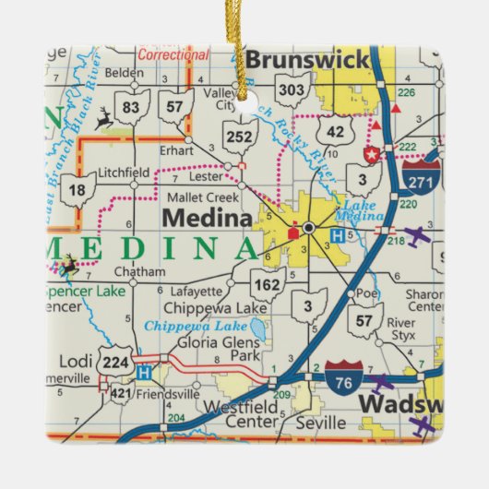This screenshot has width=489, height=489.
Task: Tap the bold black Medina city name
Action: tap(208, 219)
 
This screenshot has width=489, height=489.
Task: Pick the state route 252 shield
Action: tap(240, 136)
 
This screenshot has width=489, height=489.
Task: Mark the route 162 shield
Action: tap(268, 284)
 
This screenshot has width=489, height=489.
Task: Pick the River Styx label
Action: tap(402, 329)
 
